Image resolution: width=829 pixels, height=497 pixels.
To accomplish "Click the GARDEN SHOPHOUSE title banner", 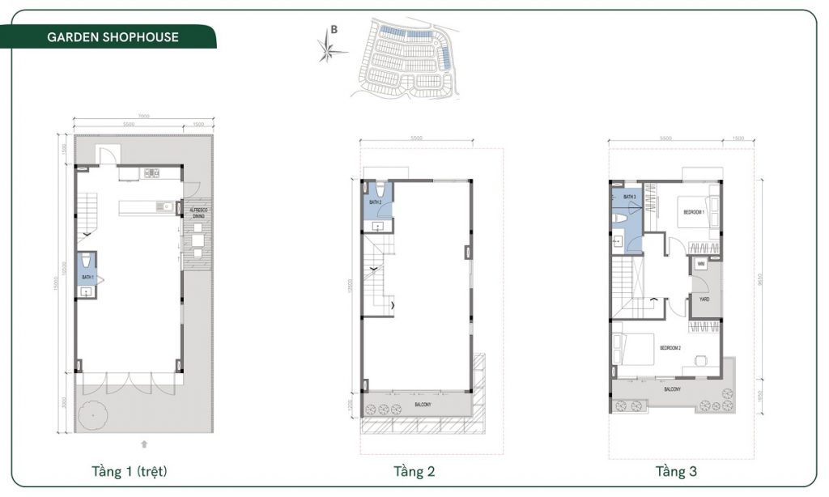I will pyautogui.click(x=112, y=37).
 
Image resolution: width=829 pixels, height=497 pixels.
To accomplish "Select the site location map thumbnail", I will pyautogui.click(x=405, y=57).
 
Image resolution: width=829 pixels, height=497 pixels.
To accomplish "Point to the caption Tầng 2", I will pyautogui.click(x=414, y=470).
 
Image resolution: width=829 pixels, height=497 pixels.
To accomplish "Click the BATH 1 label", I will pyautogui.click(x=87, y=278).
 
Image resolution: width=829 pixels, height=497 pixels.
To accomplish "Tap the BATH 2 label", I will pyautogui.click(x=375, y=202).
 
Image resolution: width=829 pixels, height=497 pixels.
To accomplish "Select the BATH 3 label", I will pyautogui.click(x=629, y=197).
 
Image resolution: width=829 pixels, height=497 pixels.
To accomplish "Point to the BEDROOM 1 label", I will pyautogui.click(x=694, y=212).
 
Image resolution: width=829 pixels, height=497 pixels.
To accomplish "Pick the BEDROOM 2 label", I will pyautogui.click(x=670, y=348).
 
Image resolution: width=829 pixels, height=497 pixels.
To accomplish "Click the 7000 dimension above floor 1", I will pyautogui.click(x=143, y=117).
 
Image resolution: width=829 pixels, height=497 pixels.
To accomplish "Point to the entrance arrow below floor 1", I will pyautogui.click(x=143, y=444).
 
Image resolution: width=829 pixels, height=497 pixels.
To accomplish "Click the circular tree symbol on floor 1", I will pyautogui.click(x=94, y=414).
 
